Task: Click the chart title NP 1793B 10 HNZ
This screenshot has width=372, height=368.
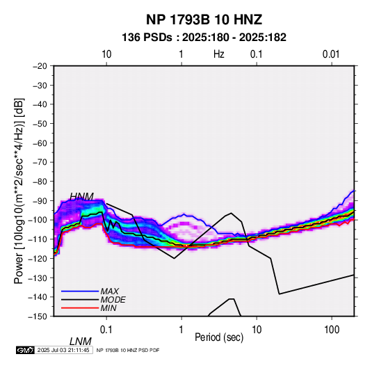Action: tap(204, 19)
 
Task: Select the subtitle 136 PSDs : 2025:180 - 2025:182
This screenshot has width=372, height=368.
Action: tap(204, 38)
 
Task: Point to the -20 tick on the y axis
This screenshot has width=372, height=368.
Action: tap(40, 66)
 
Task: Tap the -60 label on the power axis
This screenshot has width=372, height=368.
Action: tap(40, 143)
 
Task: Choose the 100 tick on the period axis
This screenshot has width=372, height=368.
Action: tap(332, 330)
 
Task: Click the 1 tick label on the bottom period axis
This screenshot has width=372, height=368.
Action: tap(181, 330)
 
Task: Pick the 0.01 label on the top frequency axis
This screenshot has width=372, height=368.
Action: tap(331, 54)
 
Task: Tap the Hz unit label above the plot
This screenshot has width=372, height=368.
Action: tap(219, 54)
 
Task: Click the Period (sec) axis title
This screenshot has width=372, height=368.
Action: tap(219, 337)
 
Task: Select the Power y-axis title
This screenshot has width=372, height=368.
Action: tap(19, 191)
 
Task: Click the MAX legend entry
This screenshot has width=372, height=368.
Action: tap(110, 291)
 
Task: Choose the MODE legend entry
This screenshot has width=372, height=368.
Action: tap(113, 300)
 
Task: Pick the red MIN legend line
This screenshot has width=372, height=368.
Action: tap(80, 308)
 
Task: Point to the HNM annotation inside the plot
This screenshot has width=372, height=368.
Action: tap(81, 197)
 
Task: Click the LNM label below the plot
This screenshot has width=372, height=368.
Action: tap(81, 342)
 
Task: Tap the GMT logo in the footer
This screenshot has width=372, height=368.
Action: tap(25, 350)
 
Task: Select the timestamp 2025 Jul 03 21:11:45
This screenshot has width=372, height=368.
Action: tap(63, 350)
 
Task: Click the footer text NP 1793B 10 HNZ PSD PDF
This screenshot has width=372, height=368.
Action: tap(128, 350)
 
